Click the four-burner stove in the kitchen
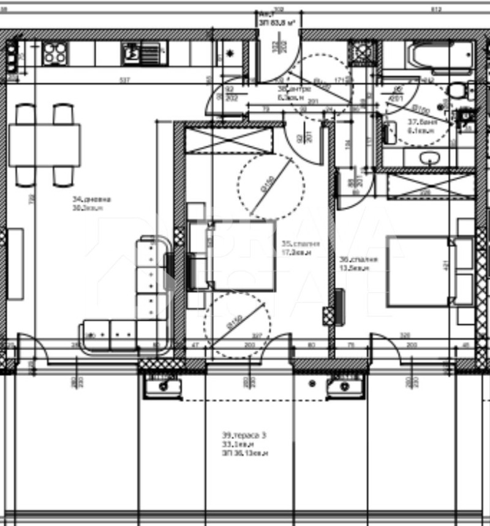55,53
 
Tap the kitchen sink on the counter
131,53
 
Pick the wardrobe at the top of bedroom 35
228,140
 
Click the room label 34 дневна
92,203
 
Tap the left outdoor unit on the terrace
162,386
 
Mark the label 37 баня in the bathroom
422,126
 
